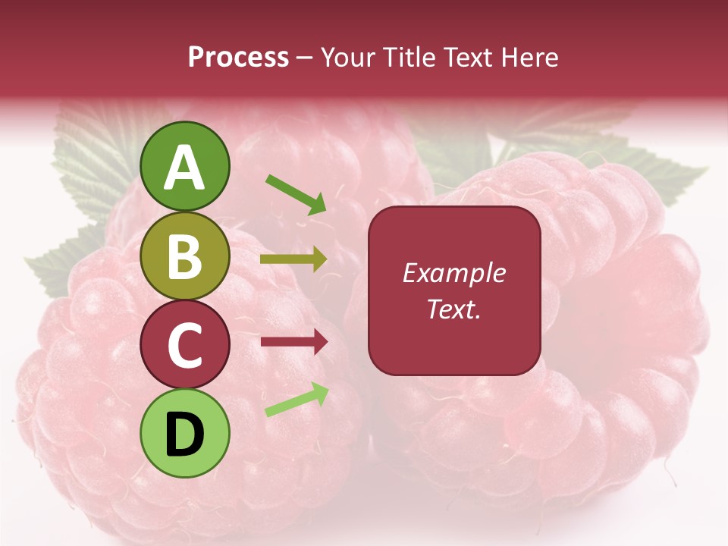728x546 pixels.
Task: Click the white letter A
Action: pyautogui.click(x=185, y=168)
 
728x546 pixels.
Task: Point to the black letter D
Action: pyautogui.click(x=185, y=435)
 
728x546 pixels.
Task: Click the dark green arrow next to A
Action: pyautogui.click(x=296, y=193)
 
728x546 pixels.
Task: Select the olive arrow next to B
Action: pyautogui.click(x=293, y=259)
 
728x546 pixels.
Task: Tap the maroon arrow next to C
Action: pyautogui.click(x=293, y=342)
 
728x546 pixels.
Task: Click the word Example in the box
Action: pyautogui.click(x=453, y=273)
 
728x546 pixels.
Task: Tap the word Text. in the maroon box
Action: pyautogui.click(x=453, y=309)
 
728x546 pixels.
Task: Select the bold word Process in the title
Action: pyautogui.click(x=238, y=57)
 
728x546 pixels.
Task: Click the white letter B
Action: pyautogui.click(x=185, y=256)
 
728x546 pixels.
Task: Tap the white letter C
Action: pyautogui.click(x=185, y=345)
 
